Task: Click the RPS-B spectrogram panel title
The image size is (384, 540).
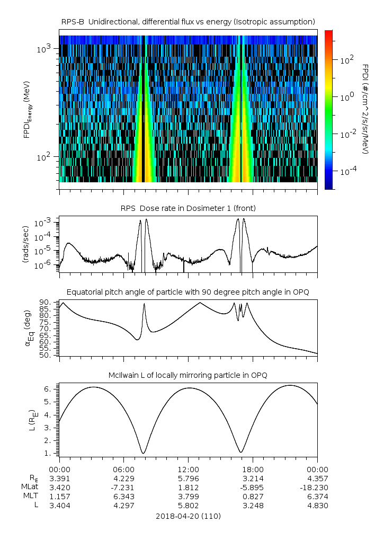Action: pos(188,21)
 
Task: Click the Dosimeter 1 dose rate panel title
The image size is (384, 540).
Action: pos(188,208)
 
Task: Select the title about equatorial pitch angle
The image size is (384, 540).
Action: pos(188,292)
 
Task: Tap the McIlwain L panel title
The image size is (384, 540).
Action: pos(188,375)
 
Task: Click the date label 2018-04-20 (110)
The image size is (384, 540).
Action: pos(188,516)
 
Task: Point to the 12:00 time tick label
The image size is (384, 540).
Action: pos(188,469)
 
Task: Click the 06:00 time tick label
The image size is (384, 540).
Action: pos(123,469)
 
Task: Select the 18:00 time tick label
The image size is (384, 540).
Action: pos(253,469)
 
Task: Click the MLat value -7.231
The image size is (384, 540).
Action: pos(123,487)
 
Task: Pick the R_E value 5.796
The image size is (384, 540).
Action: pos(188,478)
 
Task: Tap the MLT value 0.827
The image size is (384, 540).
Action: pos(253,496)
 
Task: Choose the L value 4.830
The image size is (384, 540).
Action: pos(317,505)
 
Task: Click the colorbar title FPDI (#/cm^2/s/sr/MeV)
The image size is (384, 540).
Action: pos(365,109)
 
